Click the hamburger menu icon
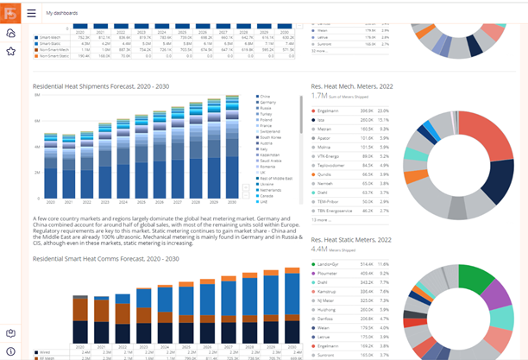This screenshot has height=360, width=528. coord(32,13)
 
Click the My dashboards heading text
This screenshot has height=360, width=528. coord(61,13)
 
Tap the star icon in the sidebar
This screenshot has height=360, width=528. coord(10,52)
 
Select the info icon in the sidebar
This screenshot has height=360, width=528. coord(10,351)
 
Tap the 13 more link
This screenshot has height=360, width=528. coord(320,219)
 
